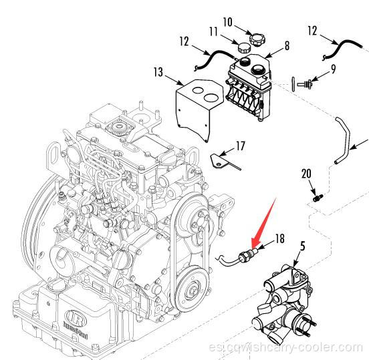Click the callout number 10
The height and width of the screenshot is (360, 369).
click(x=227, y=22)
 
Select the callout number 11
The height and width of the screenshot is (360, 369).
click(x=214, y=31)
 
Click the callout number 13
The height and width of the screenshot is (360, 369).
click(x=158, y=71)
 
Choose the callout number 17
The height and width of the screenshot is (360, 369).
click(x=240, y=144)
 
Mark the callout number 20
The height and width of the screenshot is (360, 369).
click(x=307, y=174)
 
